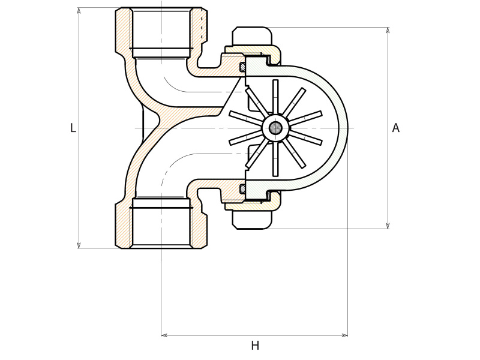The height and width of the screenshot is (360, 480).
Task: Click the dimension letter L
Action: (x=73, y=128)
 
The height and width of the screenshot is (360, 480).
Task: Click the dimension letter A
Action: (x=395, y=128)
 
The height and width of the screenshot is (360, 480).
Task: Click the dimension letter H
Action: (x=255, y=346)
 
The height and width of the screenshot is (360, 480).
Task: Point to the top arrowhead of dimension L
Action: (x=79, y=10)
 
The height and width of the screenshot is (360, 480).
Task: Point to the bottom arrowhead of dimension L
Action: (x=79, y=245)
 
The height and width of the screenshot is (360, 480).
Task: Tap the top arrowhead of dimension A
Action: (x=388, y=30)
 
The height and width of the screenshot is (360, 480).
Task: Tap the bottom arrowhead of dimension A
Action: (x=388, y=226)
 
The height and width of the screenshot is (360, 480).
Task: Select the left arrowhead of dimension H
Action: (x=164, y=335)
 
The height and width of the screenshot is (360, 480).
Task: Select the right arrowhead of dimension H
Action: (x=344, y=335)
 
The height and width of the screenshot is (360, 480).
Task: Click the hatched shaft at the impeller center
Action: (x=275, y=128)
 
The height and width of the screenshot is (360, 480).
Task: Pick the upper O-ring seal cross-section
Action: (x=242, y=67)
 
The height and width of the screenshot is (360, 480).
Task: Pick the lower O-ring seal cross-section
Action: (x=242, y=188)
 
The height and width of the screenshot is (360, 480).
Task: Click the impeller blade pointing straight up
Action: (x=275, y=96)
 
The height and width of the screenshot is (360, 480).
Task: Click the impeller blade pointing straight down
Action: (x=275, y=160)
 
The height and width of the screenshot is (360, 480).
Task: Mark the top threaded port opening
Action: (x=161, y=30)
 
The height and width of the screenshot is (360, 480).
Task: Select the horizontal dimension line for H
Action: (x=254, y=335)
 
